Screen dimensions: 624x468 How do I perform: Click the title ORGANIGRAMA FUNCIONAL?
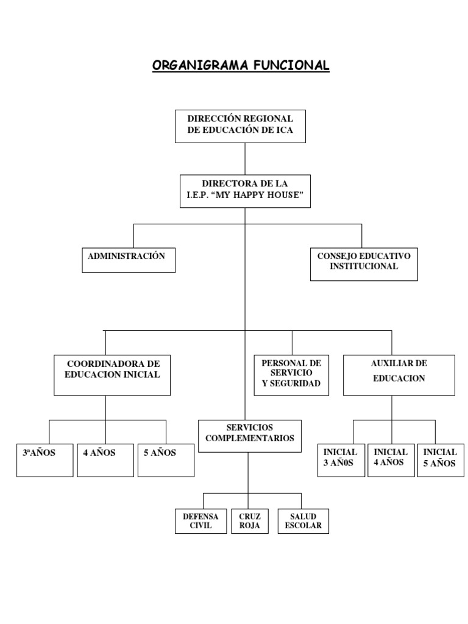click(241, 65)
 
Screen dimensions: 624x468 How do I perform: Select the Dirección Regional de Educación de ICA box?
click(240, 126)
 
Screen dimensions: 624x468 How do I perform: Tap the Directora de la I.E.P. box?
click(245, 191)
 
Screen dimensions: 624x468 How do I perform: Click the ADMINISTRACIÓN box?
click(129, 260)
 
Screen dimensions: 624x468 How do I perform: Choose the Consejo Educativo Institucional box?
click(364, 264)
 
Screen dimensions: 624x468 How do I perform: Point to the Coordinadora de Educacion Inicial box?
click(112, 375)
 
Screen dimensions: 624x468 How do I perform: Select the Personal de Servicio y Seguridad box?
click(291, 375)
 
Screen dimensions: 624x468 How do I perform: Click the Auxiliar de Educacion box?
click(399, 375)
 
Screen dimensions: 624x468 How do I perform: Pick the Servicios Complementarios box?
click(250, 435)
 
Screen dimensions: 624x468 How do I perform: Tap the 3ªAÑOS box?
click(45, 460)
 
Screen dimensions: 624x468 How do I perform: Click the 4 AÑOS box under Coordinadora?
click(105, 460)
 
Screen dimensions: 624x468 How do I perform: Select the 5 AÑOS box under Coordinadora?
click(166, 460)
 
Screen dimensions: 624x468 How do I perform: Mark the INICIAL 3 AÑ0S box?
click(341, 460)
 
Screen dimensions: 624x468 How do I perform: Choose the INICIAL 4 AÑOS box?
click(391, 460)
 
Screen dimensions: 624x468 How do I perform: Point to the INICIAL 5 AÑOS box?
click(441, 460)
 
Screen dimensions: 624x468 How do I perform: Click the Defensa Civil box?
click(200, 521)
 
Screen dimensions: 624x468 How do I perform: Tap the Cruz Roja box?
click(250, 521)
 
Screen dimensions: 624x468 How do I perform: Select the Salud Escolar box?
click(303, 521)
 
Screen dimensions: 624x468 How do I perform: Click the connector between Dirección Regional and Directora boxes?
click(245, 158)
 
